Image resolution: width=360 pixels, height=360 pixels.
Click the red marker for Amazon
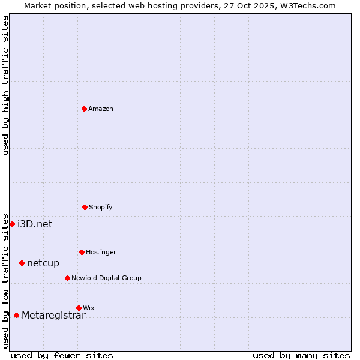click(x=85, y=109)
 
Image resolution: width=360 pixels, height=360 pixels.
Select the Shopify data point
click(x=85, y=207)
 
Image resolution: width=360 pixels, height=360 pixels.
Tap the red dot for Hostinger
click(x=82, y=252)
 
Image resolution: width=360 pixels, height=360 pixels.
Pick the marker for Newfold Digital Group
click(x=67, y=278)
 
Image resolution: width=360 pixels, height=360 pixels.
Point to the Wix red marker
click(x=79, y=308)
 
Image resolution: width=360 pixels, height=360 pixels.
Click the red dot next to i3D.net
click(x=12, y=224)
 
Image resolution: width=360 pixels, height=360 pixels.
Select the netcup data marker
click(x=22, y=263)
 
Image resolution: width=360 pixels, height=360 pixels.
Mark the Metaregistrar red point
click(x=16, y=315)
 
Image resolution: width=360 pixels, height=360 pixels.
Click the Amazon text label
click(x=101, y=109)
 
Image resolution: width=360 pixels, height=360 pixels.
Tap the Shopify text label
click(x=101, y=207)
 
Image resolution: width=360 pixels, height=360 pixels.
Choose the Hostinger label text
click(x=101, y=252)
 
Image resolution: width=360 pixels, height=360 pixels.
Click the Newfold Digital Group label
click(x=106, y=278)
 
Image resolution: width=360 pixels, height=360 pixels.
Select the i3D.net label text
click(x=35, y=224)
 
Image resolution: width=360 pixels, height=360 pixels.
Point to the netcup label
click(x=43, y=263)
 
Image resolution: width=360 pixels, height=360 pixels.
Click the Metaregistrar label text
click(x=53, y=316)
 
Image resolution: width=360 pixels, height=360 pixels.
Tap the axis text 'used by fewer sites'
click(x=62, y=355)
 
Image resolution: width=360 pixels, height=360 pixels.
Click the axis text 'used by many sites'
click(x=301, y=355)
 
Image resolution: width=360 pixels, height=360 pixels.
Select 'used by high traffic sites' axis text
click(x=5, y=85)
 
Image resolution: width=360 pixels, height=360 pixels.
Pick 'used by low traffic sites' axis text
click(x=5, y=281)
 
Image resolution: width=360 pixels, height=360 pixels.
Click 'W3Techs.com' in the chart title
click(x=310, y=5)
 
